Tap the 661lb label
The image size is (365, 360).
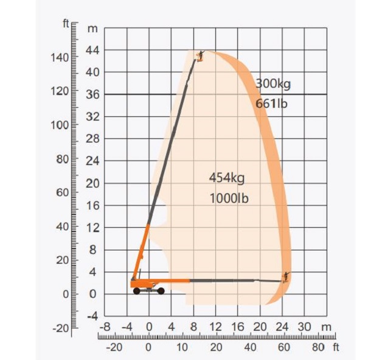tap(271, 104)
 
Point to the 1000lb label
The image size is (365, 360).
tap(229, 198)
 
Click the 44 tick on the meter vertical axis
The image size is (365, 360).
tap(93, 50)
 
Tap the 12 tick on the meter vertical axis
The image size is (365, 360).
tap(93, 227)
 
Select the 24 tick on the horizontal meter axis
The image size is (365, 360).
tap(282, 327)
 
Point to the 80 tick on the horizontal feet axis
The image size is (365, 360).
tap(318, 347)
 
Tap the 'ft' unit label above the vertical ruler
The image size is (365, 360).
tap(66, 24)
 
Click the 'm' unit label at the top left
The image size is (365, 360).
tap(92, 28)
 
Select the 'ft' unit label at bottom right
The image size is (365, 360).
tap(335, 347)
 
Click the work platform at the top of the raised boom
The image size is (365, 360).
tap(199, 56)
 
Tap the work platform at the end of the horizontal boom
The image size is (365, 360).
tap(285, 277)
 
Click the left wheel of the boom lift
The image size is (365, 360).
tap(137, 291)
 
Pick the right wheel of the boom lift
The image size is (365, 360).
tap(161, 291)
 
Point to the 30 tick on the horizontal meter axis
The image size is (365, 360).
tap(305, 327)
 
